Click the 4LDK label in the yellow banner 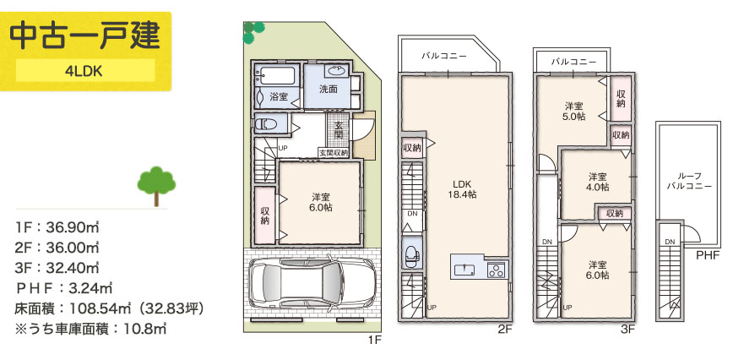click(84, 71)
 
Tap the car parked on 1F click(311, 285)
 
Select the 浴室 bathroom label click(279, 96)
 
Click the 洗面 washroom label click(329, 90)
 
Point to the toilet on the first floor click(266, 124)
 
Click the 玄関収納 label click(334, 153)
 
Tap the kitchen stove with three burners click(496, 270)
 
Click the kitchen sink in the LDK click(464, 269)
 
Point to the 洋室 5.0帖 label click(574, 111)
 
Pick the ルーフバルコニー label click(688, 181)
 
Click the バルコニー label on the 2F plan click(444, 56)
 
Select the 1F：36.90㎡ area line click(57, 226)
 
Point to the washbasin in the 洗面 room click(336, 71)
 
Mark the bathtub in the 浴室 click(275, 76)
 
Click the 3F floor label click(628, 330)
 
